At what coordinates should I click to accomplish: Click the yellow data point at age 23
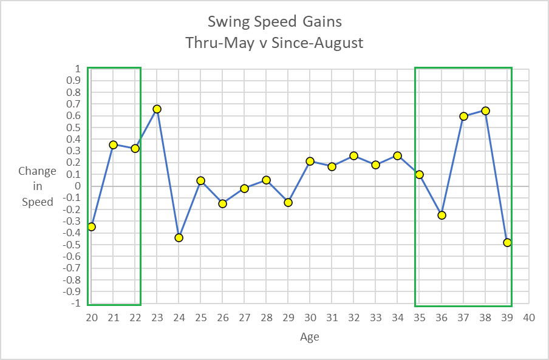click(x=157, y=109)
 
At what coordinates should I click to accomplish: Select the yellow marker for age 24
click(x=179, y=237)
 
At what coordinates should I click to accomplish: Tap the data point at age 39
click(x=507, y=242)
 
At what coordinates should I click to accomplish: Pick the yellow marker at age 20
click(x=92, y=226)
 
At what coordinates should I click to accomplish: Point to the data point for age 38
click(x=485, y=111)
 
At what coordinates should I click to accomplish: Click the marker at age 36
click(x=442, y=215)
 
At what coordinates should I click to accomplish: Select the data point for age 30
click(x=310, y=161)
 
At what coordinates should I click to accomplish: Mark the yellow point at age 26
click(x=222, y=203)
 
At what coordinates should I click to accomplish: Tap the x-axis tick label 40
click(x=529, y=318)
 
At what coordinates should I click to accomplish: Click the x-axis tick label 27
click(x=244, y=318)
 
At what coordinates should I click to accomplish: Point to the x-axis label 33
click(x=375, y=318)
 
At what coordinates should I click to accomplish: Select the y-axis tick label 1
click(x=77, y=69)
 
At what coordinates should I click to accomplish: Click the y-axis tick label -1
click(x=75, y=304)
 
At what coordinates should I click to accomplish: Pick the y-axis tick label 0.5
click(x=73, y=127)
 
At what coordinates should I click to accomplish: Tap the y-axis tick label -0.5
click(x=72, y=245)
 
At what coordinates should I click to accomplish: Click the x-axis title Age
click(x=309, y=337)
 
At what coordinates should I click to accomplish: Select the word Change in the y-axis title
click(x=37, y=171)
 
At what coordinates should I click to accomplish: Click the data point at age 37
click(x=463, y=116)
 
